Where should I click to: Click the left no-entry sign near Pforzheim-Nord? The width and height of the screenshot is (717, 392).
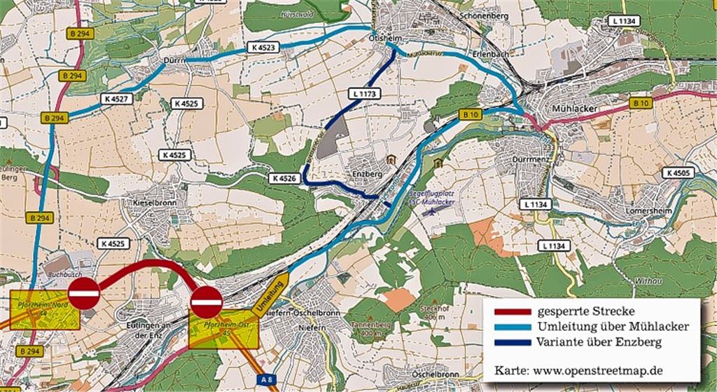click(x=85, y=293)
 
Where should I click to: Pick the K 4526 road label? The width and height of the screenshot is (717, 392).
click(x=284, y=180)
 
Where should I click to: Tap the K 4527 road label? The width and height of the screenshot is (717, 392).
click(x=116, y=99)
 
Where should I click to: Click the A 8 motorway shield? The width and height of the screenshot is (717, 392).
click(x=265, y=379)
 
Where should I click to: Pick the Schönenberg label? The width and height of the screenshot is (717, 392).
click(x=484, y=14)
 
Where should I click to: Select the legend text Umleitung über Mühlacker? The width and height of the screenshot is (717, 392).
click(x=613, y=327)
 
